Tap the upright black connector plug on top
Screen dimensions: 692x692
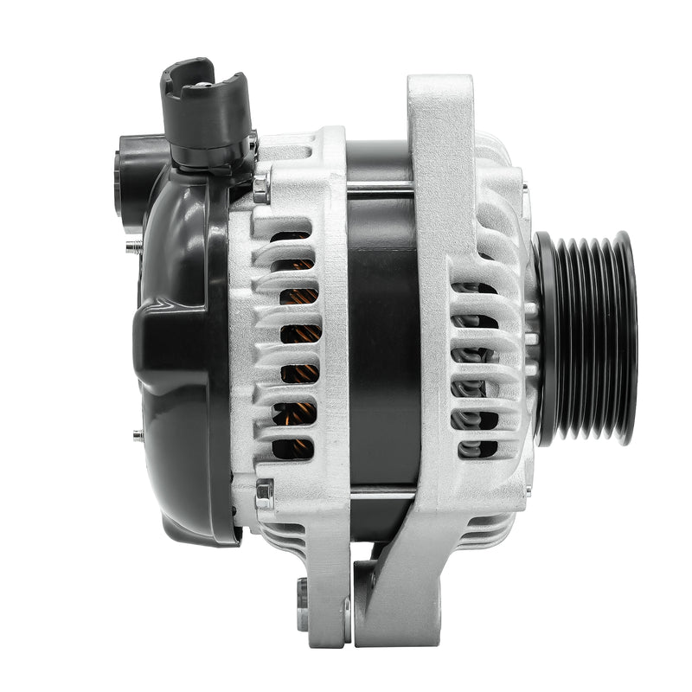(x=204, y=108)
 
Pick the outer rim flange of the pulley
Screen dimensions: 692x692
(x=626, y=337)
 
